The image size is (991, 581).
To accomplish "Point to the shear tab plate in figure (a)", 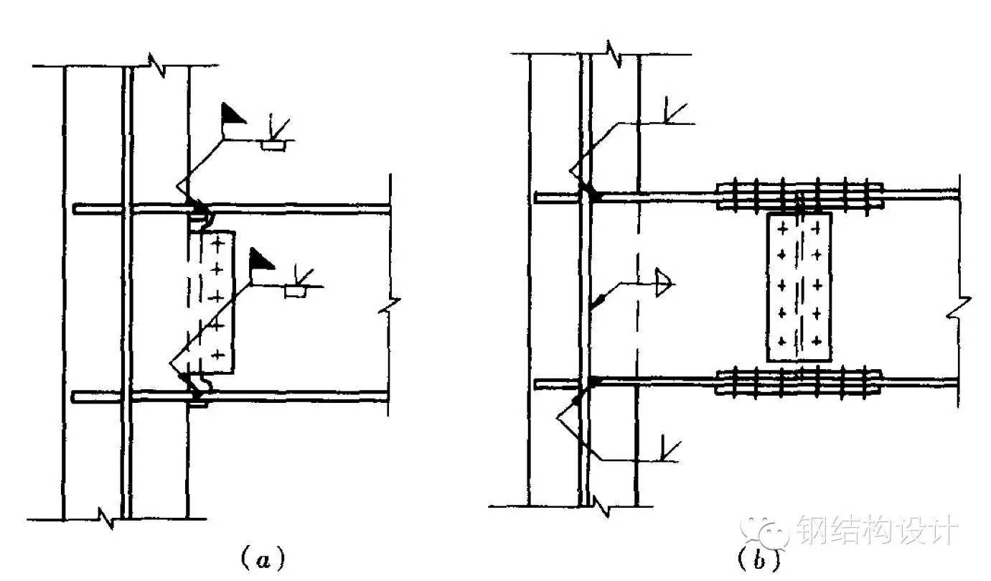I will tap(216, 302).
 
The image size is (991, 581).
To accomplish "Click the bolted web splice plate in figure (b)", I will tap(799, 287).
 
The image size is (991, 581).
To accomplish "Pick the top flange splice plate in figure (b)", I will tap(800, 195).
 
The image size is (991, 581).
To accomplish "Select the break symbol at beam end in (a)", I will tap(388, 305).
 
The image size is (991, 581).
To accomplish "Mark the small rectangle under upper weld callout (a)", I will tap(272, 146).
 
